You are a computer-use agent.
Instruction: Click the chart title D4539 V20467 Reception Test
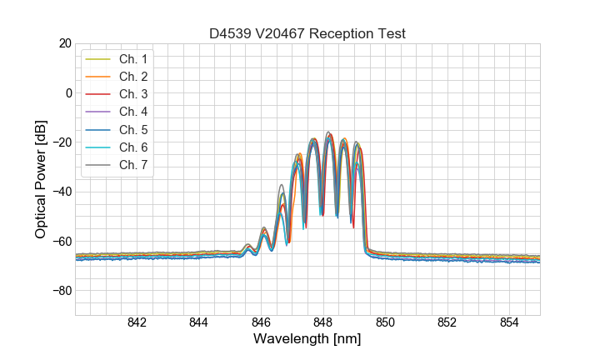[307, 33]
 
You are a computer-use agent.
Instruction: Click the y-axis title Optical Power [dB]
[40, 179]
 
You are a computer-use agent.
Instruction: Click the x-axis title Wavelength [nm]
[307, 340]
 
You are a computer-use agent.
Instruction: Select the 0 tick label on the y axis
[68, 92]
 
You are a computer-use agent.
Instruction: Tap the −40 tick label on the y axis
[61, 192]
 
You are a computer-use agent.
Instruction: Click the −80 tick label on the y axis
[61, 291]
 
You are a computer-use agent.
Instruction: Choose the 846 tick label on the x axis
[261, 322]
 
